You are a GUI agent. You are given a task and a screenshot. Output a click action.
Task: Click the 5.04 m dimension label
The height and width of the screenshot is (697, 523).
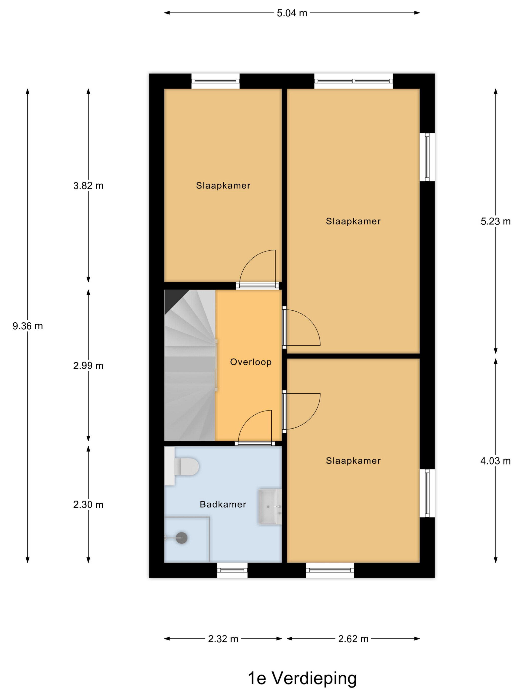(292, 13)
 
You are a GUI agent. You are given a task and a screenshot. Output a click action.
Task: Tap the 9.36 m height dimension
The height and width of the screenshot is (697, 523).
(27, 326)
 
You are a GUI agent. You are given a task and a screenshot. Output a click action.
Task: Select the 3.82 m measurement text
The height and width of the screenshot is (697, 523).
(88, 186)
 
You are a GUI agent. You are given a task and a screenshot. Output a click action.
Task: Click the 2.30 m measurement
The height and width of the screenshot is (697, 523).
(88, 505)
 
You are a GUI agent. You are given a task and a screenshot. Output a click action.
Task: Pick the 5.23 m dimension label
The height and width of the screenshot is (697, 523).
(495, 222)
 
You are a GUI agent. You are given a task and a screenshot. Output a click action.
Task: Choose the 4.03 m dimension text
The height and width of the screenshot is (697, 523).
(495, 461)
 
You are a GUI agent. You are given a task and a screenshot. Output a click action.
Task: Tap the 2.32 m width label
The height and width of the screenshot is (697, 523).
(223, 639)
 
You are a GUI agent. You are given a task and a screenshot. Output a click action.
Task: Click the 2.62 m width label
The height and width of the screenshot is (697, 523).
(353, 639)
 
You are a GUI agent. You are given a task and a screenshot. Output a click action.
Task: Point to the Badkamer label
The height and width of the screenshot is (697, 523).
(223, 505)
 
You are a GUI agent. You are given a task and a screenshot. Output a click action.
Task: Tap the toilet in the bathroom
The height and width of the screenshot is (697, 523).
(182, 466)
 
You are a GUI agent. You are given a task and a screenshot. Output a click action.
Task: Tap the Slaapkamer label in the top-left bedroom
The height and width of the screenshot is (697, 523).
(223, 186)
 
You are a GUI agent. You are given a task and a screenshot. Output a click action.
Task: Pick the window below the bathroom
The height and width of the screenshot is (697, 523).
(232, 570)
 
